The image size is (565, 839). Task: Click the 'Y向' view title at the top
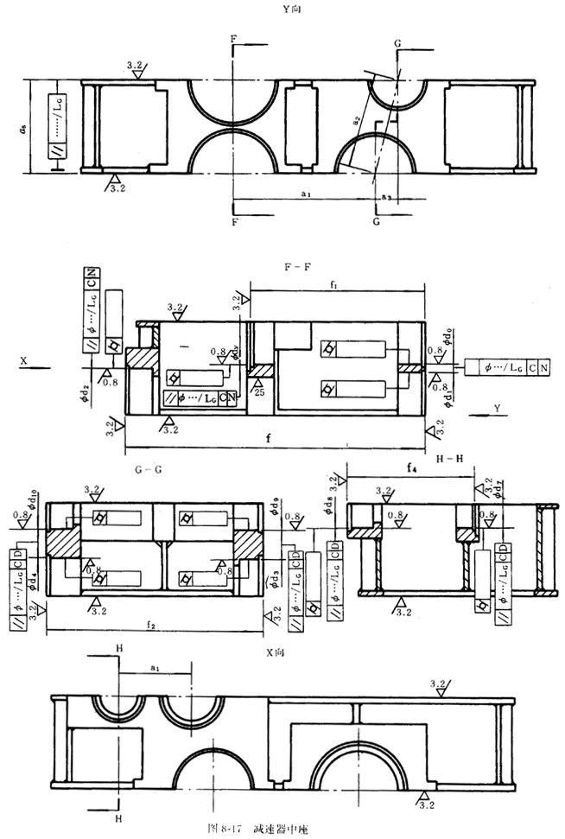point(282,10)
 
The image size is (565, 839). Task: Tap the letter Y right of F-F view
point(497,406)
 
